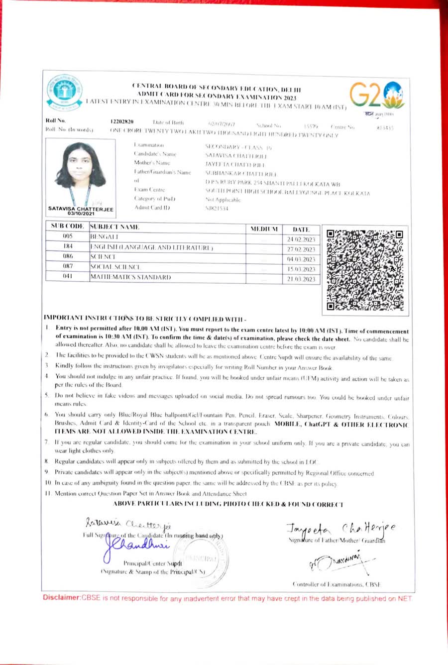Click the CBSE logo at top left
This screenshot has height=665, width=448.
coord(65,93)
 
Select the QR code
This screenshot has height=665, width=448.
coord(365,270)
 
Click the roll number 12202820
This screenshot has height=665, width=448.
coord(121,121)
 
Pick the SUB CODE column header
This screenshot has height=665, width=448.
coord(67,226)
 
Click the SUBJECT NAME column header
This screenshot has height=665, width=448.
coord(114,227)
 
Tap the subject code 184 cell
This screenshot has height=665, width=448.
coord(68,246)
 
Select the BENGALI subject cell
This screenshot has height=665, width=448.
coord(104,237)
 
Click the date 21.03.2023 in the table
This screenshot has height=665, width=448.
coord(301,279)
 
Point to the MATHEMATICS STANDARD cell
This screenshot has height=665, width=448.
coord(130,277)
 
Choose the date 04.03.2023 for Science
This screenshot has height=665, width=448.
coord(301,259)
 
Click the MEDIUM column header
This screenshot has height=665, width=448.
coord(264,229)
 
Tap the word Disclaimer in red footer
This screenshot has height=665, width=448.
coord(61,597)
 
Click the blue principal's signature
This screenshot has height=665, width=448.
coord(135,546)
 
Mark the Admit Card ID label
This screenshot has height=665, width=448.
coord(152,208)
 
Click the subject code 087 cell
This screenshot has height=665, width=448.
coord(68,266)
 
